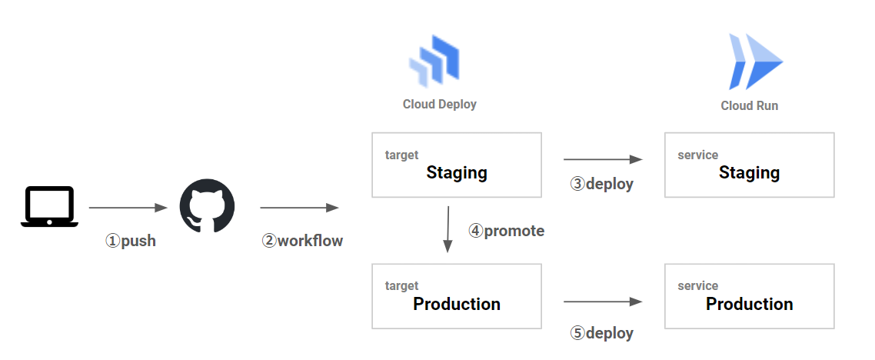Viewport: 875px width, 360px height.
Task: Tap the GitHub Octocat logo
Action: [207, 206]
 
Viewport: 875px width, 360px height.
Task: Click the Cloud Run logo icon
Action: [754, 62]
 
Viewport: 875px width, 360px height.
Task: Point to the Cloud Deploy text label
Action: [440, 104]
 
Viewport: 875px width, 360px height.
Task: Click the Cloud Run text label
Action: [749, 105]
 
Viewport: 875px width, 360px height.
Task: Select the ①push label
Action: [131, 241]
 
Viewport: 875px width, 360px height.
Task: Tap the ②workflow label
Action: [302, 241]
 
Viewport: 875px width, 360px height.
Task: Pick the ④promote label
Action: [506, 231]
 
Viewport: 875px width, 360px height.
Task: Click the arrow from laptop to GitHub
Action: [128, 208]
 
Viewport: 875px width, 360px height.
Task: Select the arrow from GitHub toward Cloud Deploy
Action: [299, 208]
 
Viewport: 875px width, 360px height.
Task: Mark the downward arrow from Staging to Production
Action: [447, 229]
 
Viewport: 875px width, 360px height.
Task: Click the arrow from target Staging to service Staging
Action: [602, 159]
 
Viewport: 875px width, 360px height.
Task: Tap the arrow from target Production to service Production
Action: [602, 303]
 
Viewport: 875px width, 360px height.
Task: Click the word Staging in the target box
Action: [457, 172]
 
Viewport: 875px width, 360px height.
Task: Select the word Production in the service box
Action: [749, 304]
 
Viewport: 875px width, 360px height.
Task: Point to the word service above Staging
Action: [697, 155]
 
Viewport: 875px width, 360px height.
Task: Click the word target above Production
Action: [401, 286]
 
